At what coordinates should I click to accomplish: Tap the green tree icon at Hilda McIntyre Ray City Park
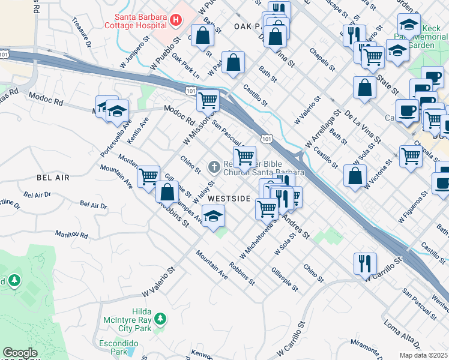pyautogui.click(x=160, y=317)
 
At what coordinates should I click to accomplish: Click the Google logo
pyautogui.click(x=20, y=353)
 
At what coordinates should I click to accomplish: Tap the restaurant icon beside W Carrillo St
pyautogui.click(x=364, y=262)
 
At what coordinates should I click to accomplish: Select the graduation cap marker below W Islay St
pyautogui.click(x=213, y=215)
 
